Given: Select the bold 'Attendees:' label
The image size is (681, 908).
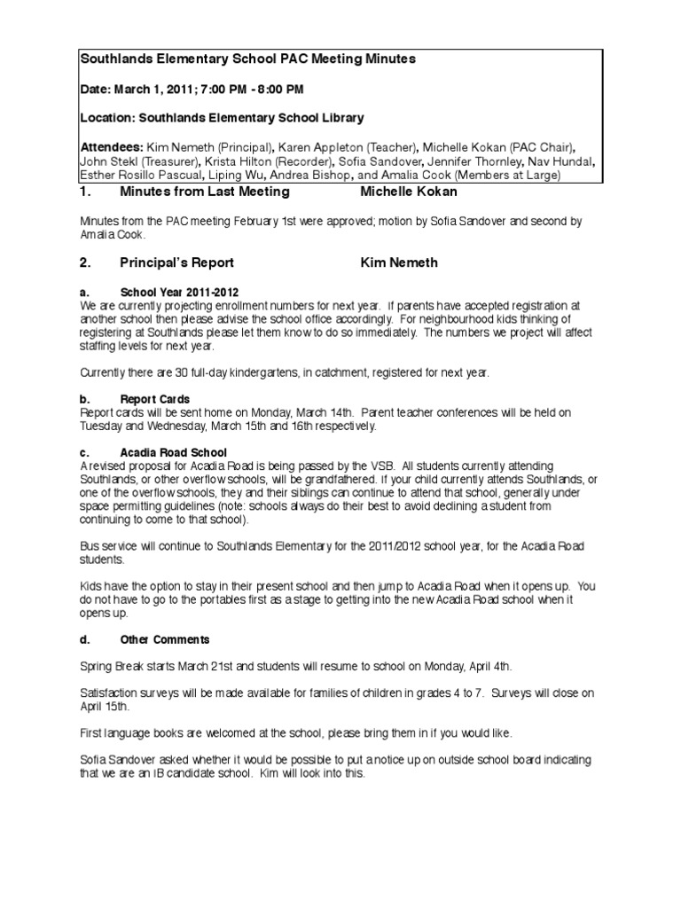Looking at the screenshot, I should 112,146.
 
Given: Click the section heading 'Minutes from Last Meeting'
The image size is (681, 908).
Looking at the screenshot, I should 205,192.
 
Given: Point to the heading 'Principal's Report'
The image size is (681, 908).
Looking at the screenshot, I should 177,262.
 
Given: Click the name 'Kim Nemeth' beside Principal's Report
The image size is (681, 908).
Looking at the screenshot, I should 399,262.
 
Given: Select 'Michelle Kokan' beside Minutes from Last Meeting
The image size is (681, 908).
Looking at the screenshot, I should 410,192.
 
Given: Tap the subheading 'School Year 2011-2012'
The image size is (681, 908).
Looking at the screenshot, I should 179,292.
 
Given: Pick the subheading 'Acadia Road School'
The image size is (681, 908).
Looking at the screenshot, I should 174,451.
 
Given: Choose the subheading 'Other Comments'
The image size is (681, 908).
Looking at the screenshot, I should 165,638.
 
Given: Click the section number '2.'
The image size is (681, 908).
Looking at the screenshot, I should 85,262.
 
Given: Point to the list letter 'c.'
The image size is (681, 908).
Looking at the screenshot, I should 84,451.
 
